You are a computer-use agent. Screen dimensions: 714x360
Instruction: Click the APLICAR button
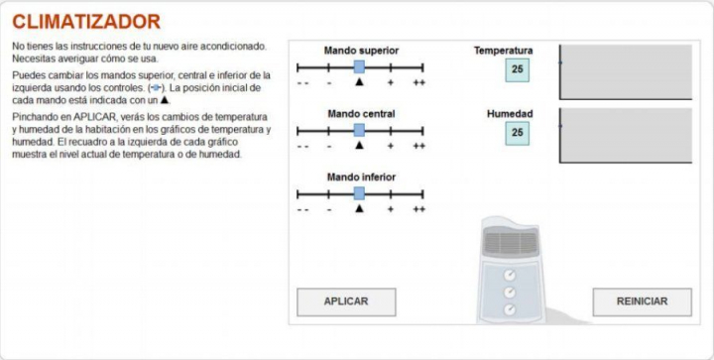click(346, 301)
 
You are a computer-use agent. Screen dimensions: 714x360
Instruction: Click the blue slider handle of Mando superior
click(359, 66)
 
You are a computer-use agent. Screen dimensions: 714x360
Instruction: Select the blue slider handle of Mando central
click(359, 130)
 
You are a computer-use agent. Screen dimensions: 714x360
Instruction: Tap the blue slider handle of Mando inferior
click(359, 193)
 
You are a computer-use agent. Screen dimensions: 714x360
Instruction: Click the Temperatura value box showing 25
click(518, 69)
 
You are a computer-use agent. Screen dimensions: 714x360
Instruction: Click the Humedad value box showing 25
click(518, 133)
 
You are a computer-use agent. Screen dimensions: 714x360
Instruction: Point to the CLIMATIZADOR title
click(86, 22)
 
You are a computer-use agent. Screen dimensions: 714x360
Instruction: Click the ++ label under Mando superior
click(418, 83)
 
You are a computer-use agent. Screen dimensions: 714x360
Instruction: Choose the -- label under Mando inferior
click(302, 210)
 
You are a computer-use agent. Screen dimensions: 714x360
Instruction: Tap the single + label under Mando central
click(391, 146)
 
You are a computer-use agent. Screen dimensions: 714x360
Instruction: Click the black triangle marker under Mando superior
click(359, 82)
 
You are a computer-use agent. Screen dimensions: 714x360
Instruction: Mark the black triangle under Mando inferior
click(359, 208)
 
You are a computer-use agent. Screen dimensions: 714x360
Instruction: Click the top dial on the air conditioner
click(510, 275)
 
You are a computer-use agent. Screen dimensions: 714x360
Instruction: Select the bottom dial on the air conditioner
click(510, 309)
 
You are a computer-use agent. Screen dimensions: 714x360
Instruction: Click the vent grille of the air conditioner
click(511, 242)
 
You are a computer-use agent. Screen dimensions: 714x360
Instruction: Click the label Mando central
click(361, 114)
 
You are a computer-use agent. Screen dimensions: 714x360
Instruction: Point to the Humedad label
click(510, 114)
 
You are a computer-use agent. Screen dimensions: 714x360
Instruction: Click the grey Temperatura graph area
click(626, 71)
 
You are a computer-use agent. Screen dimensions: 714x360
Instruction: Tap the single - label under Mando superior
click(329, 83)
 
